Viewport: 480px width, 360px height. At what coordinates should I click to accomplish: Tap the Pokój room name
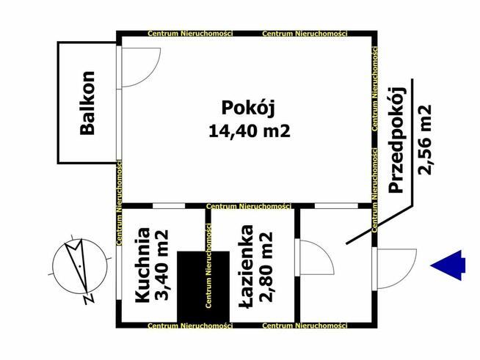point(247,108)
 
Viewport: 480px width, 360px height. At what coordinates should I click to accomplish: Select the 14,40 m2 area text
point(247,132)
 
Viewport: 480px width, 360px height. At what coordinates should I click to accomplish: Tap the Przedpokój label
point(397,139)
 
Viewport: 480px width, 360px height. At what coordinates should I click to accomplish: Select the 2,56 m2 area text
point(423,139)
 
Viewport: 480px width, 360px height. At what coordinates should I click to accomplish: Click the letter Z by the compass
point(87,299)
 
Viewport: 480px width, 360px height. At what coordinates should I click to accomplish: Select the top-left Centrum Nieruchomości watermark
point(190,34)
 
